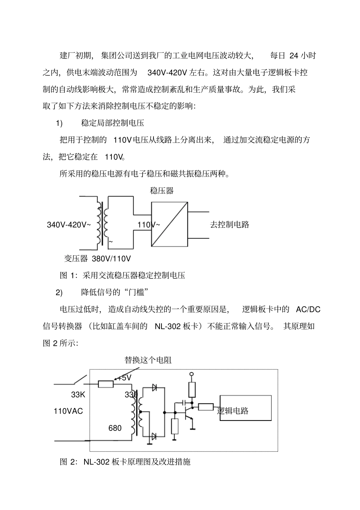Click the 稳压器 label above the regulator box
(x=161, y=191)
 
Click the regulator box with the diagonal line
(x=169, y=224)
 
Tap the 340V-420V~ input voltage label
(x=69, y=225)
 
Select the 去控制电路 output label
(x=230, y=225)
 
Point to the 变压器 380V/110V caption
(x=97, y=259)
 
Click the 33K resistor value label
(x=78, y=395)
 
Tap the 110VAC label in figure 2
(x=68, y=411)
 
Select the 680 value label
(x=115, y=428)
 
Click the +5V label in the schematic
(x=124, y=378)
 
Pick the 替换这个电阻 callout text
(x=148, y=360)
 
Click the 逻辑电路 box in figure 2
(x=246, y=408)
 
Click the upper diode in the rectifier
(x=154, y=388)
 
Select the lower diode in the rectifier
(x=154, y=436)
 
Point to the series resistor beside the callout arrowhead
(x=106, y=384)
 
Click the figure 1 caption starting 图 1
(x=122, y=275)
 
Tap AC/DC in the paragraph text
(x=308, y=310)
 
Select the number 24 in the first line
(x=294, y=56)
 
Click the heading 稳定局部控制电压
(x=113, y=123)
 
